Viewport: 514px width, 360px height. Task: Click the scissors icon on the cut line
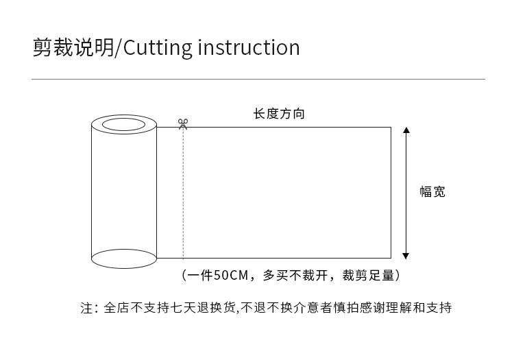[x=183, y=123]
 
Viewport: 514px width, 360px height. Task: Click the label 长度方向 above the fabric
[x=279, y=114]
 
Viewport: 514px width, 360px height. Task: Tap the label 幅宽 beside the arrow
[x=432, y=192]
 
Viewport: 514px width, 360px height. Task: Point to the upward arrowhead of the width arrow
[x=406, y=130]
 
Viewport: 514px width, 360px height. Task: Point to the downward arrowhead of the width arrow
[x=406, y=255]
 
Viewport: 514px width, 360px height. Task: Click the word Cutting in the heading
[x=158, y=47]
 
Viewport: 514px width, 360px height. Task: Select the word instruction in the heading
[x=249, y=47]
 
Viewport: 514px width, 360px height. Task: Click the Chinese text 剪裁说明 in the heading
[x=73, y=47]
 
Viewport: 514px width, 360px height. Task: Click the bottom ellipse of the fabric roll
[x=124, y=259]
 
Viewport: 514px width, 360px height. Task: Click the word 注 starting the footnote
[x=86, y=308]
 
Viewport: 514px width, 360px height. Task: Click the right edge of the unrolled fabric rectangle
[x=391, y=193]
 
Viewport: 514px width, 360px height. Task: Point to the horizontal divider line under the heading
[x=258, y=80]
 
